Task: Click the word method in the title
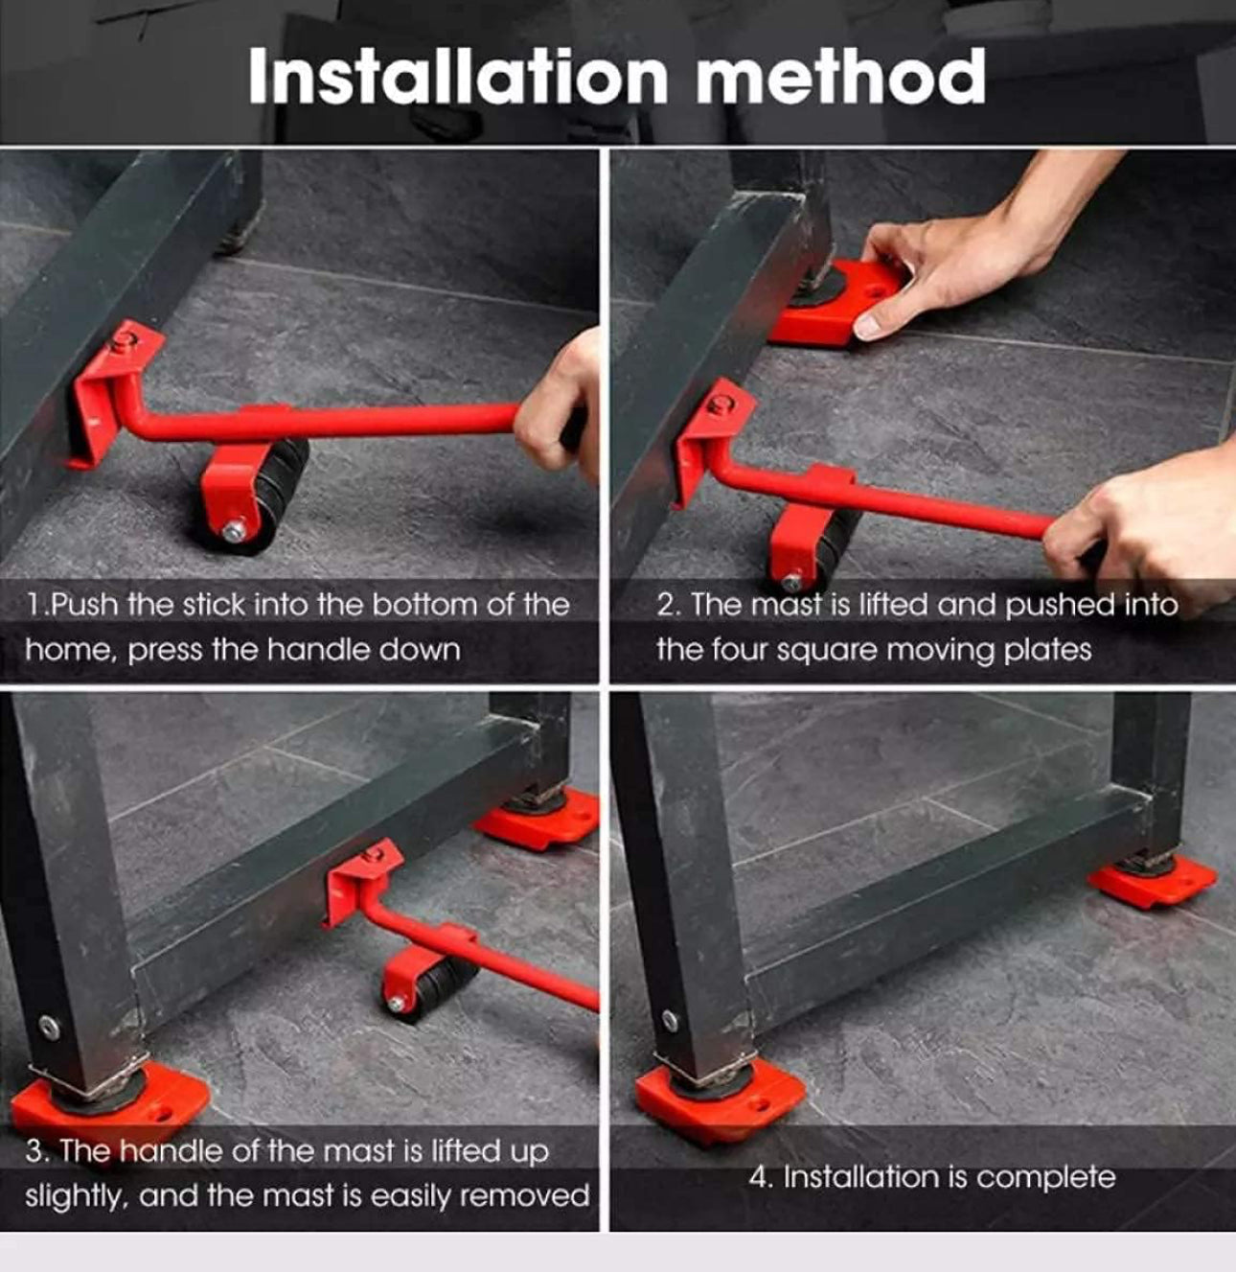(x=841, y=76)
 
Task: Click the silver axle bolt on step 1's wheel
(x=233, y=531)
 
